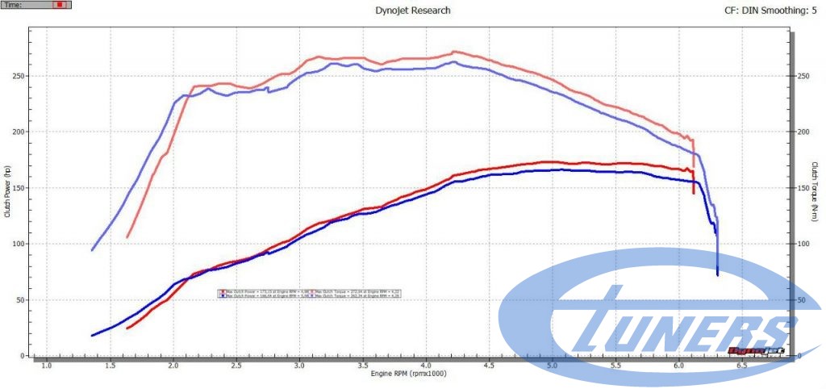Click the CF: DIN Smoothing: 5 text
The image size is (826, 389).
(767, 10)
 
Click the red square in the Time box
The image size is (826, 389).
(58, 5)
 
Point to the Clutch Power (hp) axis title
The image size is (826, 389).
(7, 191)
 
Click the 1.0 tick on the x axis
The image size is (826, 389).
(47, 366)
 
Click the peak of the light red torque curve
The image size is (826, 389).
(455, 52)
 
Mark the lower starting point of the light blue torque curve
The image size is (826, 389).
(92, 249)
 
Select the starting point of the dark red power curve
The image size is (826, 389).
(127, 328)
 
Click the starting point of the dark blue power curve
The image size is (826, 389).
(92, 335)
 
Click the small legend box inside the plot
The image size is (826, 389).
(310, 294)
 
